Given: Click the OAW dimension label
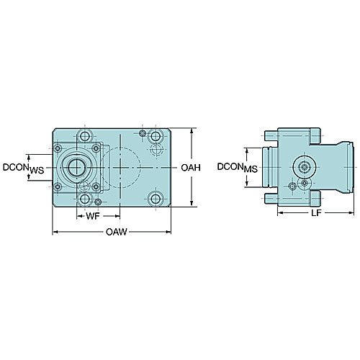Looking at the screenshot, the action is click(117, 232).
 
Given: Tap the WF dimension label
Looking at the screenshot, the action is click(93, 216).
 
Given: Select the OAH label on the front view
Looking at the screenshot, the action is click(191, 168).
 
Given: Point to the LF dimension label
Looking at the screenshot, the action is click(316, 212).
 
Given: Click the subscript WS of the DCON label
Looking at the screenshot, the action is click(37, 171).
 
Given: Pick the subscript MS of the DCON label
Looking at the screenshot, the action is click(251, 169).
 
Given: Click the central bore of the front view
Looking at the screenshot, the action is click(76, 167).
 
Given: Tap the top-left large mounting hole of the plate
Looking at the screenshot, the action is click(85, 136).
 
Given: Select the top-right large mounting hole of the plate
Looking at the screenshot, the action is click(156, 136).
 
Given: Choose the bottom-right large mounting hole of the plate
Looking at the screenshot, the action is click(156, 199).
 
